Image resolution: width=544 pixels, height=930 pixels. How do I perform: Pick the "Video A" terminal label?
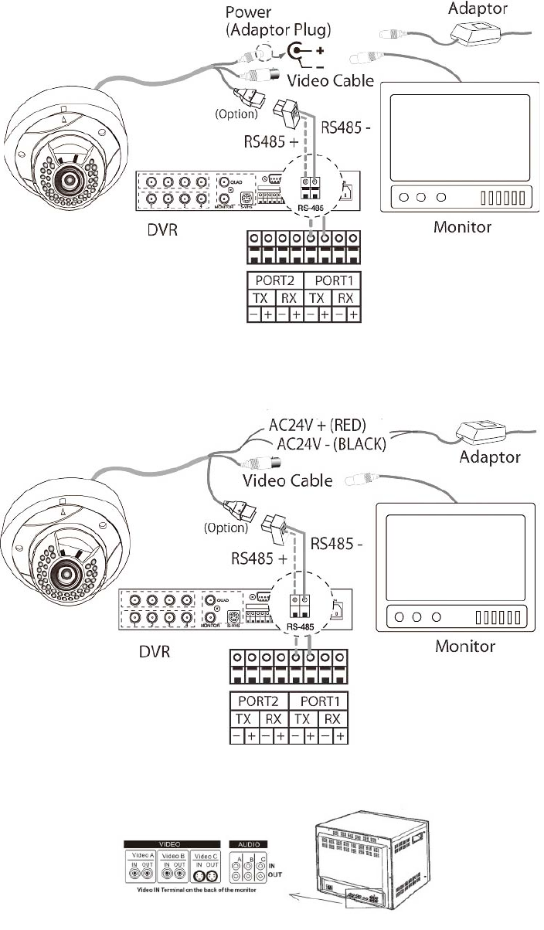[139, 857]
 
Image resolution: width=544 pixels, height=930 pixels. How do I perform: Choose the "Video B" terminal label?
[172, 857]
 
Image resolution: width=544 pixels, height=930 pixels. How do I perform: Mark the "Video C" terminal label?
[206, 857]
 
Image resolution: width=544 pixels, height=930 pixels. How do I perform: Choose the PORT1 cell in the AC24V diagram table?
[317, 703]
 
